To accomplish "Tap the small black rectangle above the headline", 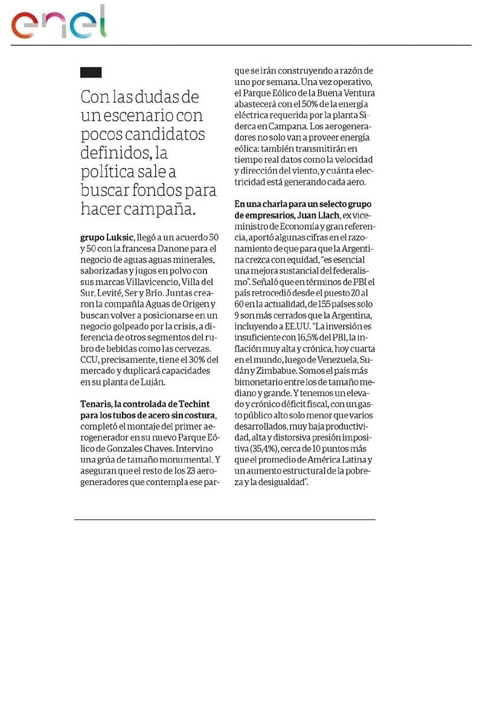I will [91, 72].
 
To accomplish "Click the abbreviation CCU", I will [89, 360].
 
